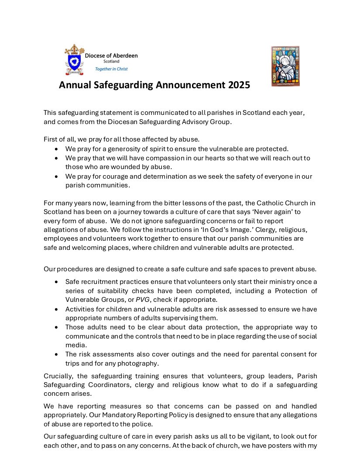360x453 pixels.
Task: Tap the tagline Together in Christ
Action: coord(111,69)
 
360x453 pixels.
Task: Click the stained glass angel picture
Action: coord(285,66)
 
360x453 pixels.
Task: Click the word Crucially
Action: coord(59,376)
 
